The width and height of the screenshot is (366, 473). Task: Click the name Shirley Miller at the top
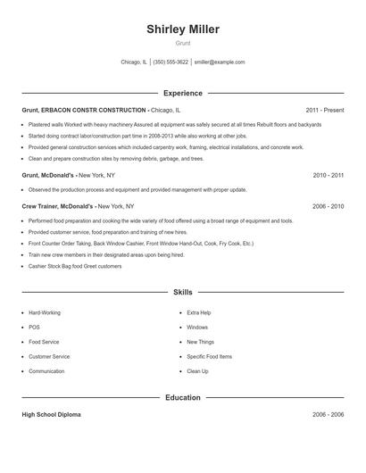point(183,29)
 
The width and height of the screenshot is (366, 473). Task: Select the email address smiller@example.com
point(220,62)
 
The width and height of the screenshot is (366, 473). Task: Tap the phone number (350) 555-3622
point(171,62)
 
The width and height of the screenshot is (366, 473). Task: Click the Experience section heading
point(183,93)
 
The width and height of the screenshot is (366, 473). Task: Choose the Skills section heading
point(183,292)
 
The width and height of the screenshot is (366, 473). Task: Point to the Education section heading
point(183,397)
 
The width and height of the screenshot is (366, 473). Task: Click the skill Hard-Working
point(45,313)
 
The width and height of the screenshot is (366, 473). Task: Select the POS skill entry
point(33,328)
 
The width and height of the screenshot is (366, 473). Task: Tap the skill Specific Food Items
point(209,356)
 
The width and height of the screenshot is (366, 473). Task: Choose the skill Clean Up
point(197,371)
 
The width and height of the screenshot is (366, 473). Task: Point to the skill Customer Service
point(49,356)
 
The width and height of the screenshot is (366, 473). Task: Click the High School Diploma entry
point(53,415)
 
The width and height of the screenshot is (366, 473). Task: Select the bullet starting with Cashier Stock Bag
point(75,266)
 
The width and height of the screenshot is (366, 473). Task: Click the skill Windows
point(197,328)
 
